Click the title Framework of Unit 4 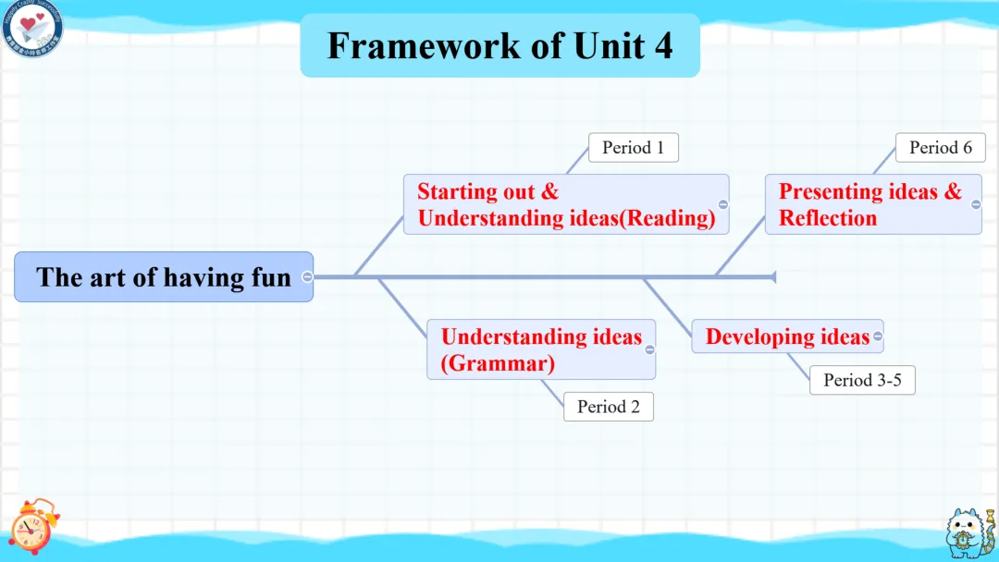tap(499, 45)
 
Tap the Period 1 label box tap(633, 148)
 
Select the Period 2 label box tap(608, 407)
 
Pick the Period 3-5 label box tap(862, 380)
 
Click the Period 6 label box tap(940, 148)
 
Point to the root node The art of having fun tap(163, 276)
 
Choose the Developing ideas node tap(786, 336)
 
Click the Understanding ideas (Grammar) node tap(540, 349)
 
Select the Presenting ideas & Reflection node tap(869, 204)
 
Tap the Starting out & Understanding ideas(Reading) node tap(565, 204)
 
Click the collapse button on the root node tap(307, 276)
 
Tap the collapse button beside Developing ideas tap(877, 336)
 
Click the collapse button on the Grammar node tap(649, 349)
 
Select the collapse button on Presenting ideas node tap(976, 204)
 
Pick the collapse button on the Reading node tap(722, 204)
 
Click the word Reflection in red tap(827, 218)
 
